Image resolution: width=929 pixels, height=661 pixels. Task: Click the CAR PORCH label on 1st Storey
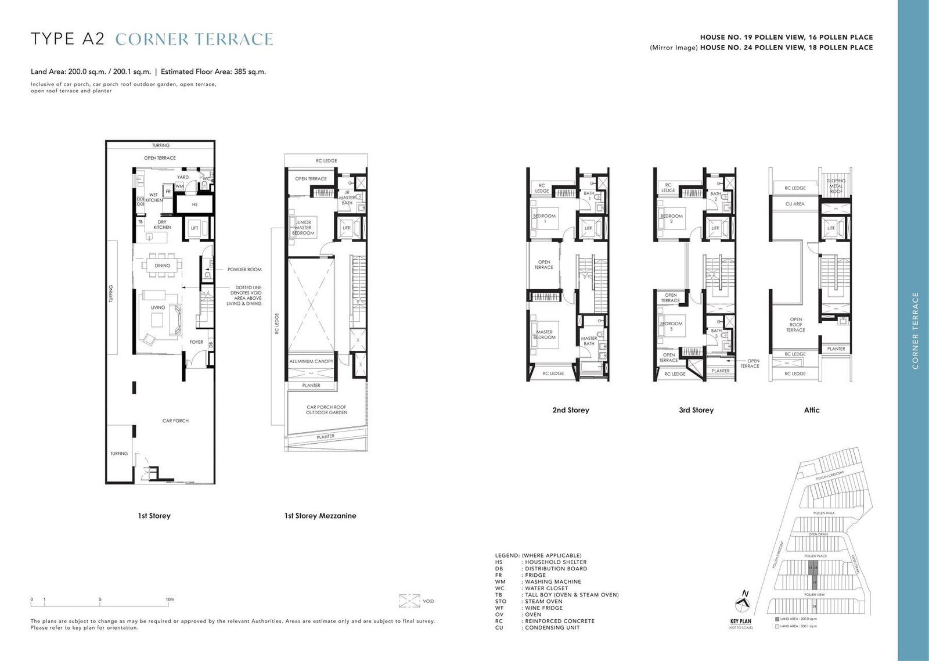point(175,421)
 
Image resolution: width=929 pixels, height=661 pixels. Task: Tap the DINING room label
point(162,265)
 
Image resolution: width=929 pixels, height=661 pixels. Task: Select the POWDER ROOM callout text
point(244,270)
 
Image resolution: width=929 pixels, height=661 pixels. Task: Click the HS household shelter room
point(195,204)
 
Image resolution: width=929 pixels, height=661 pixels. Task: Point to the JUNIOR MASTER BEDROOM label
point(303,227)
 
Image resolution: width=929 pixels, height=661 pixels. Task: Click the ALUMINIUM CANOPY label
point(311,361)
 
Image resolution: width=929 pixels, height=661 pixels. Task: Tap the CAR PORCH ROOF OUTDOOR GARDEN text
point(326,409)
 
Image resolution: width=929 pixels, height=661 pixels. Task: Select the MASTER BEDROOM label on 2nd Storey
point(544,335)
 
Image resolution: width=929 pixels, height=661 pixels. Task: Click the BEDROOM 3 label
point(671,326)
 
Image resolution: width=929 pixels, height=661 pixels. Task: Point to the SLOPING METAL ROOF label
point(836,186)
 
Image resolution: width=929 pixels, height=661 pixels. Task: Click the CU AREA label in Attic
point(795,204)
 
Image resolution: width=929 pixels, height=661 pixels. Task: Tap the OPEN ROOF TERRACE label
point(795,325)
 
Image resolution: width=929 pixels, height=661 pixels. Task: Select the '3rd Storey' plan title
point(696,410)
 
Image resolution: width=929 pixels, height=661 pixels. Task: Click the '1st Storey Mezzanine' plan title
point(320,516)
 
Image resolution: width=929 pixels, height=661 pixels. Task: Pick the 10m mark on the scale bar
point(170,599)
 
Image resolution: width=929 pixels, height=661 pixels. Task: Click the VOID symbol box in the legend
point(409,601)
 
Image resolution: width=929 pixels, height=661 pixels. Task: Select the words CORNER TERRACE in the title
point(194,39)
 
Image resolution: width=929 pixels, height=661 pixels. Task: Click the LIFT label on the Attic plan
point(831,228)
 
